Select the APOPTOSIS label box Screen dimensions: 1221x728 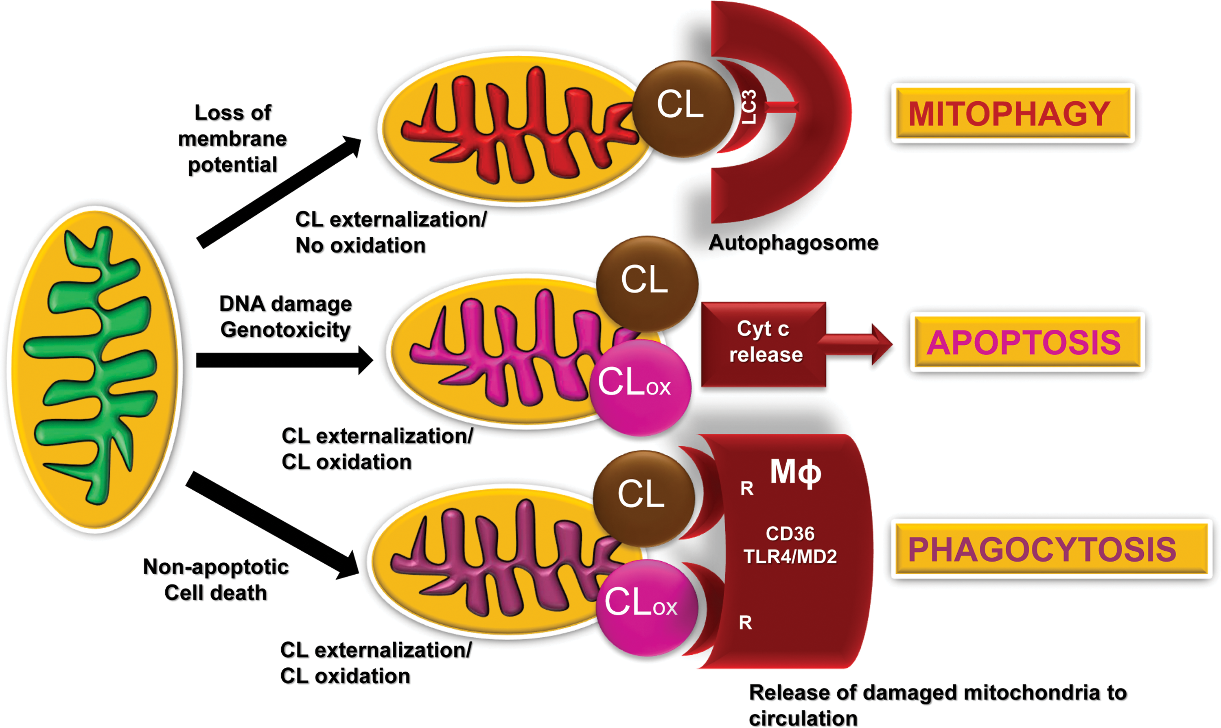1027,342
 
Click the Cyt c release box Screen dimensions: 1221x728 764,344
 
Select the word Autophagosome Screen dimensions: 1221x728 793,243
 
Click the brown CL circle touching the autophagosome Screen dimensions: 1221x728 683,109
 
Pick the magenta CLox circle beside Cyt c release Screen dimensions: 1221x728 640,388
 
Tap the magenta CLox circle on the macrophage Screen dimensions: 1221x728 647,607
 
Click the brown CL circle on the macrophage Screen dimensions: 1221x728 643,498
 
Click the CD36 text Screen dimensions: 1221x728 790,533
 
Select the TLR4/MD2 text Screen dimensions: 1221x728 790,557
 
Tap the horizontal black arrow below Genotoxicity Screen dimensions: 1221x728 284,360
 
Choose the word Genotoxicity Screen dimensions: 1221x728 285,330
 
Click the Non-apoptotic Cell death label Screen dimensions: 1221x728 216,580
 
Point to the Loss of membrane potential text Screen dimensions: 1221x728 232,139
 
